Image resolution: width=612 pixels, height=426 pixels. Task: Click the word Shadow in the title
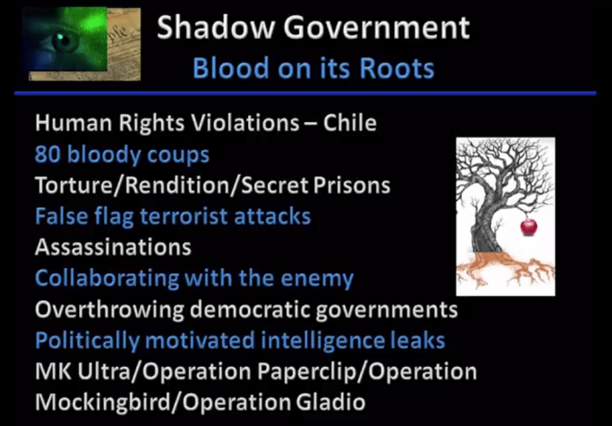215,27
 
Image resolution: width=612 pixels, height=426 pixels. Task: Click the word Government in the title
376,27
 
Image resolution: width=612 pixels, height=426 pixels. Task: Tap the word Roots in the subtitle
397,69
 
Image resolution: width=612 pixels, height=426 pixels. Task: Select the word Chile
350,123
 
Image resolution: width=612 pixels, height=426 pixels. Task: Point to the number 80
47,155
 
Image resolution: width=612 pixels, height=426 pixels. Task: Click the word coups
178,155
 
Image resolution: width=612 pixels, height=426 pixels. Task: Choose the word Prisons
352,185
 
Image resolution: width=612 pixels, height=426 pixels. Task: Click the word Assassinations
113,247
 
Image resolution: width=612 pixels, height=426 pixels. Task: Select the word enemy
317,279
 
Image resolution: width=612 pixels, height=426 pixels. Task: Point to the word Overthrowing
109,310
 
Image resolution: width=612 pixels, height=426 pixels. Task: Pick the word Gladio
331,401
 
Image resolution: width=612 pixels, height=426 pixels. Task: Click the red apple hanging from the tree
528,227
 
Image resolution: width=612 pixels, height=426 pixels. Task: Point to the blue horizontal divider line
305,93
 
